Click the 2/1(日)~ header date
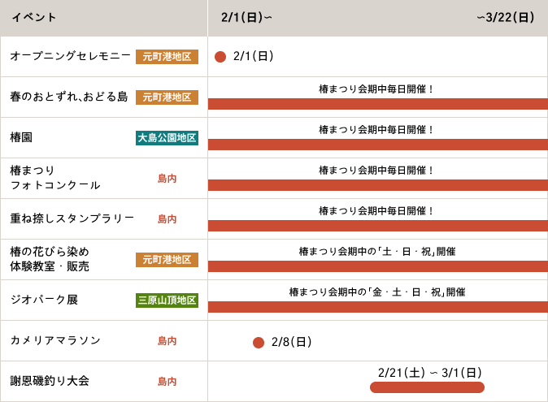246,18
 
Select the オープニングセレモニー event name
70,56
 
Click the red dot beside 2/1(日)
220,57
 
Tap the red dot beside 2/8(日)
259,343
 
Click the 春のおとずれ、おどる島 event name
69,97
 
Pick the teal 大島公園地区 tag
167,138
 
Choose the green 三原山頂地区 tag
167,300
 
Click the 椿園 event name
21,137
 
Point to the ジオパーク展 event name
44,300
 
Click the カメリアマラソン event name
55,340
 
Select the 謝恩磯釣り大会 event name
50,381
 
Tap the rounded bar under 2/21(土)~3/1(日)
427,387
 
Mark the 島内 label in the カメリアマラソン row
167,341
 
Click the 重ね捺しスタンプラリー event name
72,218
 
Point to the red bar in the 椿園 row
377,145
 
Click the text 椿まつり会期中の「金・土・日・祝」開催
377,292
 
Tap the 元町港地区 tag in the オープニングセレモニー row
167,57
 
